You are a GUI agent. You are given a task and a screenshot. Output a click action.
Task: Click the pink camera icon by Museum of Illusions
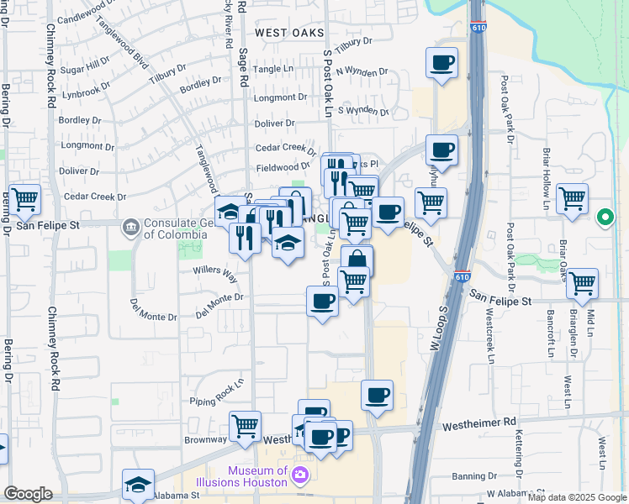tap(299, 477)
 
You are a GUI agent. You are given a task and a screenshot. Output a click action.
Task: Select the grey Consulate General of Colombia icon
tap(130, 227)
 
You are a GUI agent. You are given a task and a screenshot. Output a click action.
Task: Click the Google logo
tap(28, 494)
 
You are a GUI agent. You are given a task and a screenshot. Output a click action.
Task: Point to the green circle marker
tap(605, 219)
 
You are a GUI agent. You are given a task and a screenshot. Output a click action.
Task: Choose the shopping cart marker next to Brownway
tap(245, 426)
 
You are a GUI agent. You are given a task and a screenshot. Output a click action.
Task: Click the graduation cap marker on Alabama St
tap(138, 485)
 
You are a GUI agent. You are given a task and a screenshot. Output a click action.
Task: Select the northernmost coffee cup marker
tap(442, 62)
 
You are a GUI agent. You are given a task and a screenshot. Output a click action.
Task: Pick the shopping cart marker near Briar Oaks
tap(582, 284)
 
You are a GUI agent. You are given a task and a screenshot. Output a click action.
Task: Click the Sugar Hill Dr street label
tap(85, 65)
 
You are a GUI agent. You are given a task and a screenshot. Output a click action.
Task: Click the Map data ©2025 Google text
tap(577, 497)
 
